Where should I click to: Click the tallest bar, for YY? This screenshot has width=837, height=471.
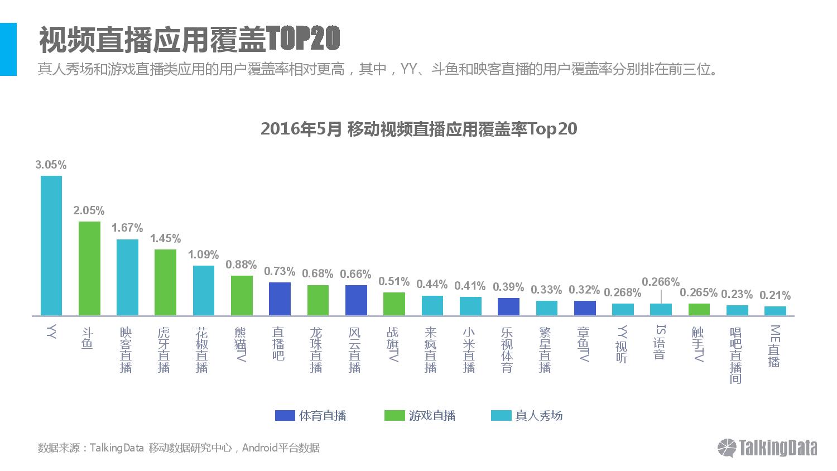[51, 246]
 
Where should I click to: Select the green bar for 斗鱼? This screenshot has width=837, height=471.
[89, 268]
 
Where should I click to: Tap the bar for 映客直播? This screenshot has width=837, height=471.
[127, 277]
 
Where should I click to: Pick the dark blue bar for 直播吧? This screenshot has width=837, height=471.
[280, 299]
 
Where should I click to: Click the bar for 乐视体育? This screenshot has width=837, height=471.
[508, 306]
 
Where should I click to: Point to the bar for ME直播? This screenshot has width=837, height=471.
[775, 311]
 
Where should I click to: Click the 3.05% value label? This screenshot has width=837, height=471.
[51, 165]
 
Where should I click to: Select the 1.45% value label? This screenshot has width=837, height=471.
[165, 238]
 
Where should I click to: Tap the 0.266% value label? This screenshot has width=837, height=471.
[661, 282]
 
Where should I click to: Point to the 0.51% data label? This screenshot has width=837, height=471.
[394, 281]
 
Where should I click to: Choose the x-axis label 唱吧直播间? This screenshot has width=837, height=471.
[736, 355]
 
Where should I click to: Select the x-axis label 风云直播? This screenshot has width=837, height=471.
[355, 349]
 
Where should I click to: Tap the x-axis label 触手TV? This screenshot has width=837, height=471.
[698, 344]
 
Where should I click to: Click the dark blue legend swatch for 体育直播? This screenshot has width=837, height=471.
[285, 416]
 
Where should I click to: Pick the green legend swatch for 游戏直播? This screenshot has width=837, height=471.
[394, 416]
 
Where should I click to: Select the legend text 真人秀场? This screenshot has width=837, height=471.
[538, 416]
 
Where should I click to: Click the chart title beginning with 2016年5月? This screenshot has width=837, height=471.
[419, 129]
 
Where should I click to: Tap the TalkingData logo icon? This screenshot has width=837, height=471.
[727, 448]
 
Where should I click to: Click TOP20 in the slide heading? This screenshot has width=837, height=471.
[303, 39]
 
